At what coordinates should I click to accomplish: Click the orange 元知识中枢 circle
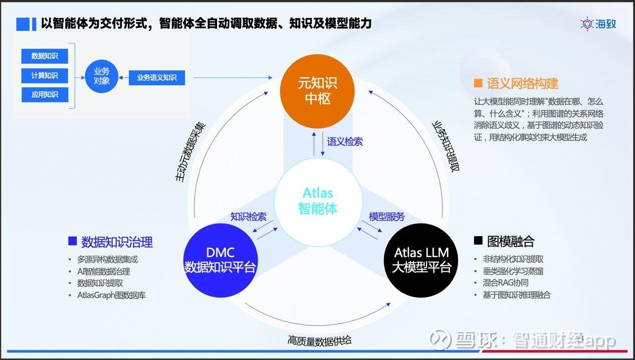[317, 91]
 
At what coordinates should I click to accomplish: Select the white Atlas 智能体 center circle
[318, 202]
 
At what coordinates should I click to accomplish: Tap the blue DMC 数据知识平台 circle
[221, 260]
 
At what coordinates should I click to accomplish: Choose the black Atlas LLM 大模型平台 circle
[421, 260]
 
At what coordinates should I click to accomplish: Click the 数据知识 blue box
[45, 56]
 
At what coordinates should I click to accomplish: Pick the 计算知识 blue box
[45, 76]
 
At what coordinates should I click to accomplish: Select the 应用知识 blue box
[45, 94]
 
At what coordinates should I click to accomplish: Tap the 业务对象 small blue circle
[101, 76]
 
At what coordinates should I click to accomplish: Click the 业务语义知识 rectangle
[157, 77]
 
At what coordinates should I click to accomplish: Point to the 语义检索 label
[345, 142]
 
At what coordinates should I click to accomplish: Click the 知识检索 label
[248, 217]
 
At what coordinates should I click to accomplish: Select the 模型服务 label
[387, 217]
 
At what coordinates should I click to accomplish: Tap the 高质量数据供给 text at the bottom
[319, 341]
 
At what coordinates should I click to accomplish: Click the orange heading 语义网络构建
[522, 83]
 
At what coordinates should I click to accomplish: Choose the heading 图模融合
[511, 241]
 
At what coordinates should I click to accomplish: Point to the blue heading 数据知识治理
[117, 242]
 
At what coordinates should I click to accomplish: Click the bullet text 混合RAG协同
[506, 283]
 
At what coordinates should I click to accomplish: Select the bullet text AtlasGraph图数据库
[111, 295]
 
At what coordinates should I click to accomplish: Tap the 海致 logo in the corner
[598, 24]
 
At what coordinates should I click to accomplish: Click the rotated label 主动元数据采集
[190, 152]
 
